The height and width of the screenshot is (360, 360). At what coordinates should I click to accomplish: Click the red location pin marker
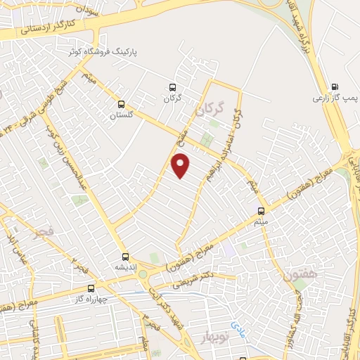181,166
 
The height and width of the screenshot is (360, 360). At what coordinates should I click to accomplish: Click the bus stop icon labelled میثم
262,210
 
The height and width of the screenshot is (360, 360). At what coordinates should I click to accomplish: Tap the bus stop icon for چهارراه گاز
90,288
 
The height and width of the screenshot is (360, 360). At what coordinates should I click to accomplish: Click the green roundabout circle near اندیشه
143,274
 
